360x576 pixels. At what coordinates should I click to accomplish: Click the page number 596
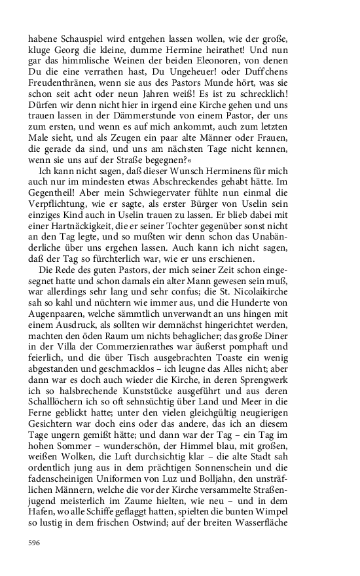[x=35, y=543]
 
